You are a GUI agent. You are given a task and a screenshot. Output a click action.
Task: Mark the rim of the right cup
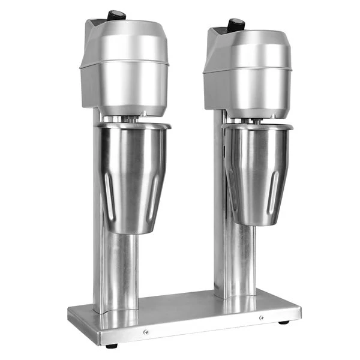click(258, 127)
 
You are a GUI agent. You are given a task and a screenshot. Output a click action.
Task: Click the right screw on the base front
click(260, 317)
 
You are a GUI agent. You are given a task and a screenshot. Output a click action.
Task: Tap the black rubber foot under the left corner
click(111, 345)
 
